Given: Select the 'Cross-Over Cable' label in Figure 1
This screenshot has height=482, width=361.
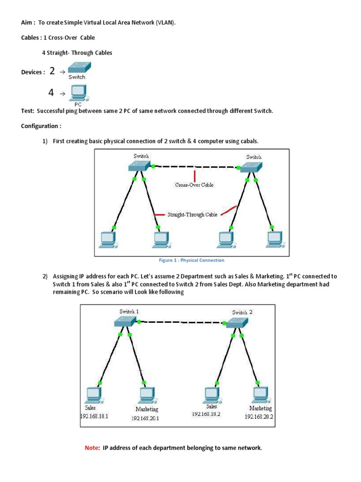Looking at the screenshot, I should click(194, 185).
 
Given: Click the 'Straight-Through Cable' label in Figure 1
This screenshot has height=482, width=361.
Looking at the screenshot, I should click(192, 215).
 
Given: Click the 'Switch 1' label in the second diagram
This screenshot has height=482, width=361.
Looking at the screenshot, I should click(129, 311).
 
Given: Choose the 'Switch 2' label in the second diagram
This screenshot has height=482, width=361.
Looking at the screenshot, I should click(242, 312).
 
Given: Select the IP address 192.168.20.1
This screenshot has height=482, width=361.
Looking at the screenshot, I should click(145, 418).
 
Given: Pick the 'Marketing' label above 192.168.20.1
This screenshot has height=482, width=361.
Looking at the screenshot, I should click(147, 410).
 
